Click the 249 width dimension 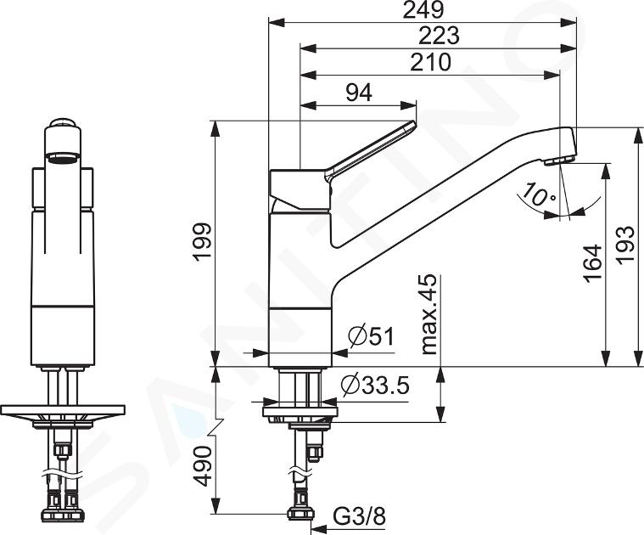[423, 10]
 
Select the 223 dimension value [438, 36]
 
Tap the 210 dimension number [431, 63]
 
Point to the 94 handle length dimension [359, 93]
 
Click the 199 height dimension [203, 242]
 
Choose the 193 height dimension [627, 245]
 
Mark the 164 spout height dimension [593, 263]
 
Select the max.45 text [428, 314]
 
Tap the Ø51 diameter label [371, 337]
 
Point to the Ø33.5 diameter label [374, 385]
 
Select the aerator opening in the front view [63, 157]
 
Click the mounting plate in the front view [63, 409]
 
